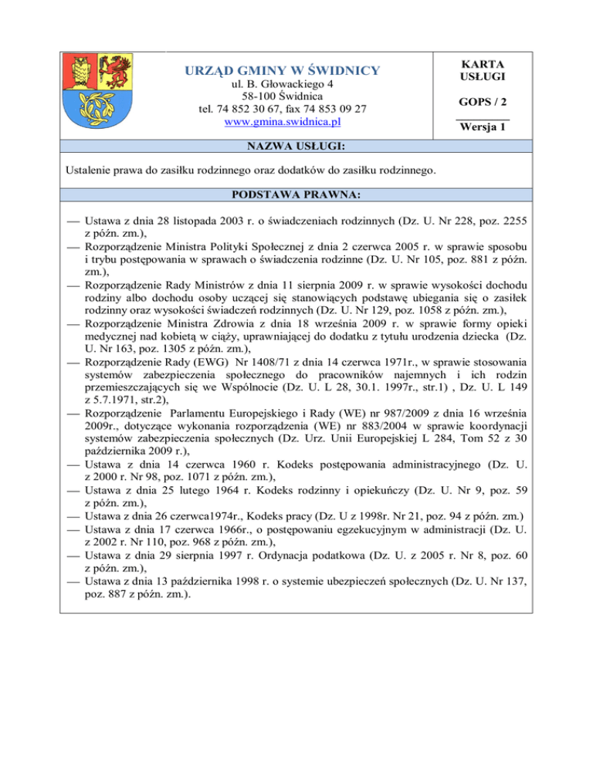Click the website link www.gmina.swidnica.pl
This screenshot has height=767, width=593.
coord(281,122)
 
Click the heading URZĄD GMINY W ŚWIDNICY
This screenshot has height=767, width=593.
coord(281,72)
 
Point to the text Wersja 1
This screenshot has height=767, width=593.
coord(483,129)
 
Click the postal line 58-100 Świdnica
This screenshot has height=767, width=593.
coord(281,97)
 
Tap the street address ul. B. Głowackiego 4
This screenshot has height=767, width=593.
coord(281,83)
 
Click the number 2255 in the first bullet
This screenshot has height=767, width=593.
coord(514,220)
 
